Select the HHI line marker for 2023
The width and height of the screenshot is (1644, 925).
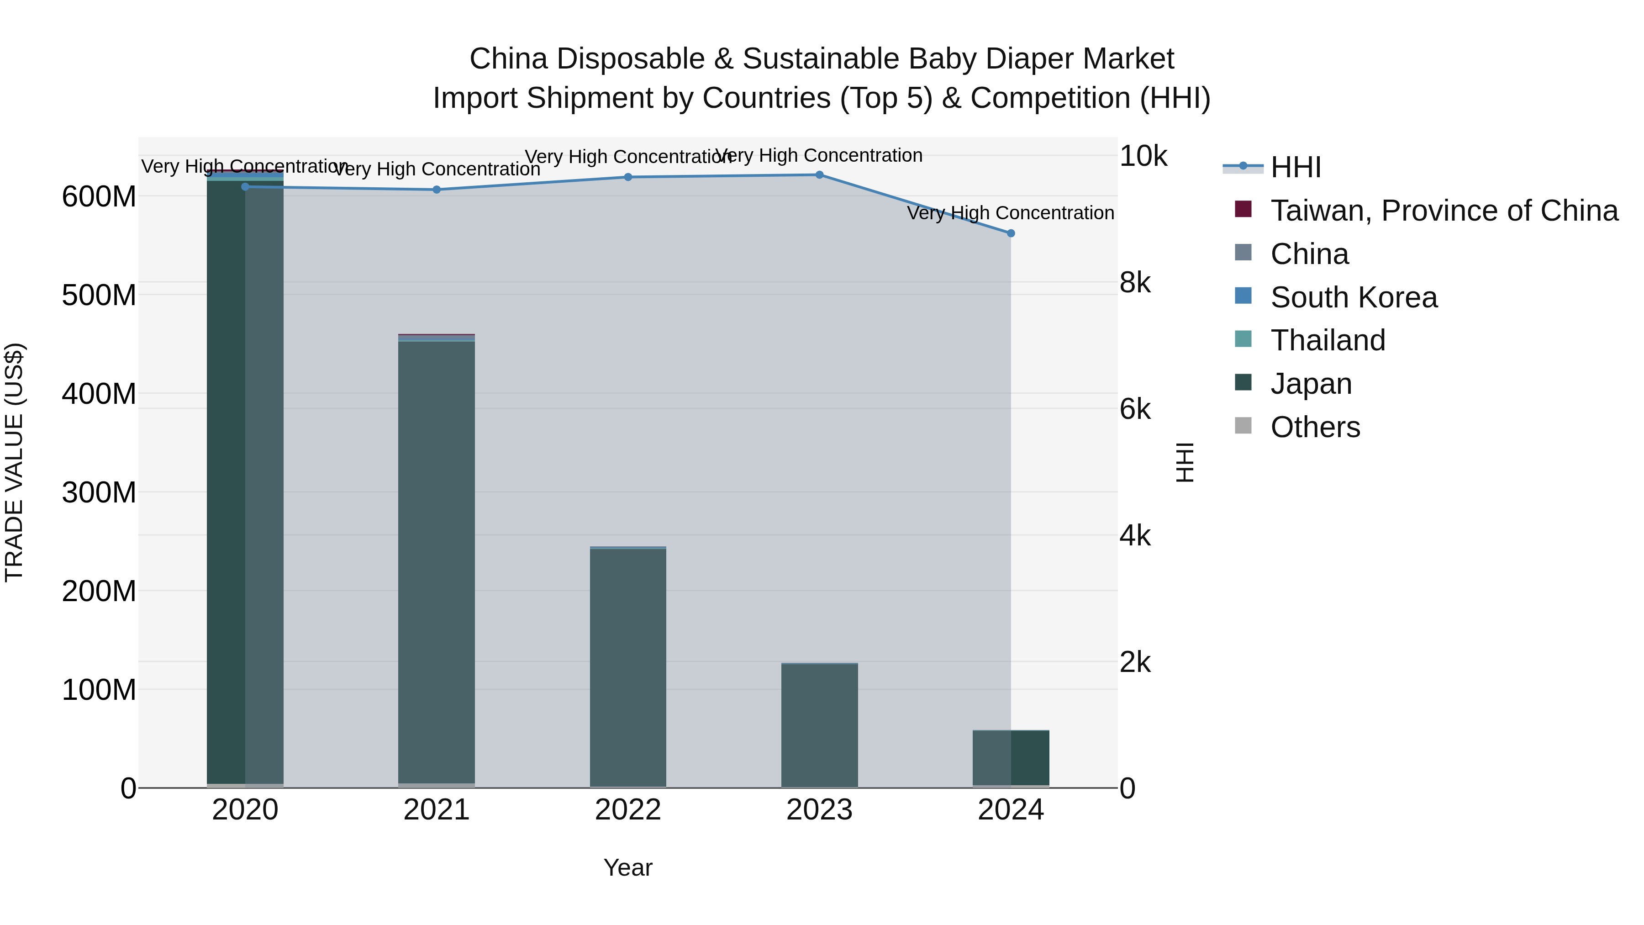pyautogui.click(x=819, y=174)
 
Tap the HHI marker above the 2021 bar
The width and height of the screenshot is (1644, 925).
pyautogui.click(x=437, y=190)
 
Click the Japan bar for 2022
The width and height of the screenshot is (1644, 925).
pyautogui.click(x=628, y=664)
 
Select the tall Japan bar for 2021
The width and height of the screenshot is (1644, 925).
pyautogui.click(x=437, y=562)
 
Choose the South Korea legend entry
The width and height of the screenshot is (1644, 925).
pyautogui.click(x=1353, y=297)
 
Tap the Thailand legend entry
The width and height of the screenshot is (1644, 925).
pyautogui.click(x=1328, y=340)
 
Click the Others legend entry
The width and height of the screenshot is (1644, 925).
pyautogui.click(x=1315, y=427)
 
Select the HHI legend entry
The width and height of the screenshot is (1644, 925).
pyautogui.click(x=1295, y=167)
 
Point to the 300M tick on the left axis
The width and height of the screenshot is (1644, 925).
pyautogui.click(x=99, y=492)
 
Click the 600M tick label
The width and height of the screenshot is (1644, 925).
pyautogui.click(x=99, y=196)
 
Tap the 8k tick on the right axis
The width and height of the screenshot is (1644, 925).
pyautogui.click(x=1135, y=282)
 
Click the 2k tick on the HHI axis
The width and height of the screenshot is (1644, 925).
pyautogui.click(x=1135, y=662)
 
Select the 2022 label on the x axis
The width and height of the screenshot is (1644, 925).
pyautogui.click(x=628, y=810)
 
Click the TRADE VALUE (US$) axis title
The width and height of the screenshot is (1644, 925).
pyautogui.click(x=14, y=462)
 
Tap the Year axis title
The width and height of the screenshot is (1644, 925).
pyautogui.click(x=628, y=867)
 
